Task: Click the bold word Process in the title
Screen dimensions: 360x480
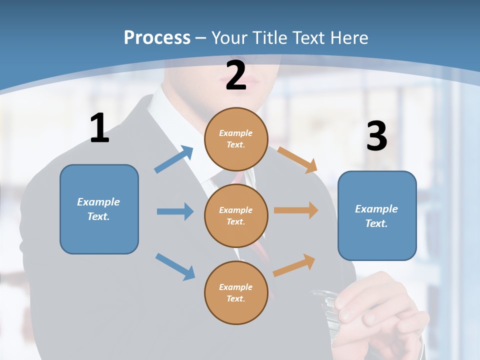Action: pyautogui.click(x=157, y=38)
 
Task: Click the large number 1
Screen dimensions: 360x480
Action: pyautogui.click(x=99, y=128)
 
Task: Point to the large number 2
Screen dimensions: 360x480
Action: pyautogui.click(x=236, y=75)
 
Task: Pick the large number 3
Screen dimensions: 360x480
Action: pyautogui.click(x=376, y=136)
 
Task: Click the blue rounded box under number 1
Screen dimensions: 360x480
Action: pyautogui.click(x=99, y=209)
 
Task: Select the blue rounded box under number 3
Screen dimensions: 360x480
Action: pyautogui.click(x=377, y=215)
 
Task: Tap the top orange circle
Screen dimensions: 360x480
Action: pyautogui.click(x=236, y=138)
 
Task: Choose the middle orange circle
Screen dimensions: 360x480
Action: pyautogui.click(x=236, y=215)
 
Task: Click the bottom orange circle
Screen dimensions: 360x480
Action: pyautogui.click(x=236, y=292)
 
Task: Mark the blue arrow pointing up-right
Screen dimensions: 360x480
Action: pyautogui.click(x=174, y=159)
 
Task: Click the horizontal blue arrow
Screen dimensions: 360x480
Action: pyautogui.click(x=175, y=211)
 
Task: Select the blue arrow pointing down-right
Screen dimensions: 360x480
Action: pyautogui.click(x=175, y=266)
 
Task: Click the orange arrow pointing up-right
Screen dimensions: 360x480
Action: pyautogui.click(x=294, y=265)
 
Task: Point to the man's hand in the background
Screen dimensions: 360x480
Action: pyautogui.click(x=380, y=310)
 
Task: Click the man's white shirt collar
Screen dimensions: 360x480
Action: pyautogui.click(x=170, y=115)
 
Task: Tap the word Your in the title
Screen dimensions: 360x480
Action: pyautogui.click(x=229, y=38)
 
